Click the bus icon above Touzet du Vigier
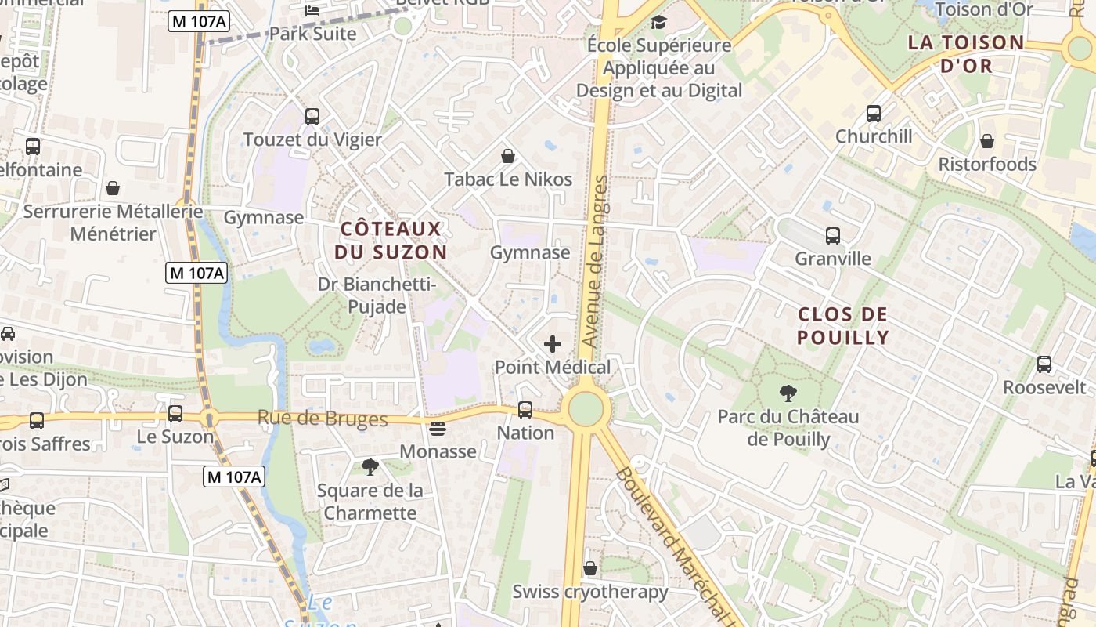pos(312,117)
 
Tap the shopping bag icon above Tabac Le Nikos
pos(508,156)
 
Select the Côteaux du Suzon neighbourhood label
pos(391,241)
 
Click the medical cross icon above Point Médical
pos(553,344)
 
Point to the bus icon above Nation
pos(525,410)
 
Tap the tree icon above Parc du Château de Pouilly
pos(788,393)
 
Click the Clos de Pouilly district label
pos(843,326)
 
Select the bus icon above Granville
pos(833,235)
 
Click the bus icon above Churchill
pos(874,114)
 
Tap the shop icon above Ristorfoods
pos(987,141)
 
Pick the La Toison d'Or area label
pos(966,54)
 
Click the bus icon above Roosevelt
pos(1044,364)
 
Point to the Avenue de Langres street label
pos(594,262)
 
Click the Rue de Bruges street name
pos(323,419)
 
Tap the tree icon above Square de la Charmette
pos(370,468)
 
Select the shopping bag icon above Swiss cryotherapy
pos(590,568)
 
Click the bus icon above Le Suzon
pos(175,414)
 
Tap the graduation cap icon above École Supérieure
pos(658,22)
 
